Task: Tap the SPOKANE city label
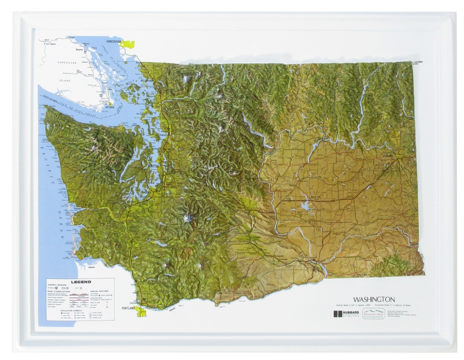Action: click(x=387, y=155)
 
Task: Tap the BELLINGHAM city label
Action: click(x=147, y=80)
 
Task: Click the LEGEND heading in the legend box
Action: click(x=81, y=282)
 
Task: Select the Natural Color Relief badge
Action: click(x=373, y=314)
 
